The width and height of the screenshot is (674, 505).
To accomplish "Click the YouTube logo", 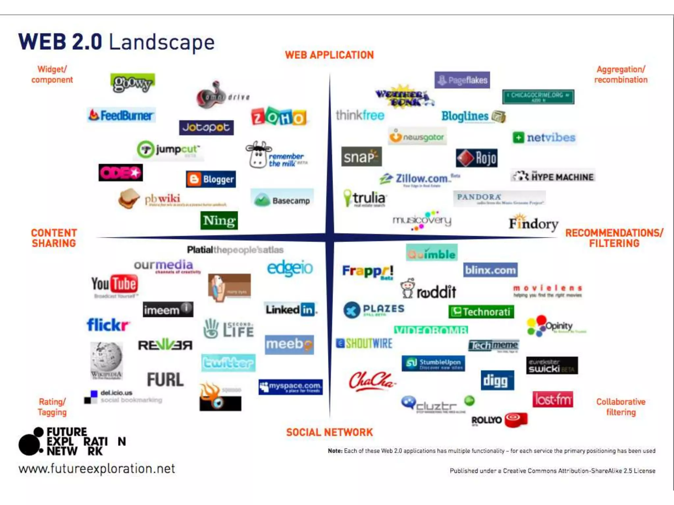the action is [115, 284].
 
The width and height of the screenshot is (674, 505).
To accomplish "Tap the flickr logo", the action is [108, 325].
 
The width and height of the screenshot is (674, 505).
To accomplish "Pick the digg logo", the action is [497, 380].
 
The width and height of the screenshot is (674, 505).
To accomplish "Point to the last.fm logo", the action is [553, 399].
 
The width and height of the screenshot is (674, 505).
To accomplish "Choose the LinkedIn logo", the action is [290, 309].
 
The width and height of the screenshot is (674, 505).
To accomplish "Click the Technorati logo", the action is [481, 312].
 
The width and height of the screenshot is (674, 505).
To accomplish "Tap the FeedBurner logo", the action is [121, 115].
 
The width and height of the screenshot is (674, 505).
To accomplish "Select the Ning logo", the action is [219, 220].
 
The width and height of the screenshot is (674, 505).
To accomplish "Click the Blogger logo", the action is [211, 179].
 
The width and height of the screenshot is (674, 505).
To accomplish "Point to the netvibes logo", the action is [544, 137].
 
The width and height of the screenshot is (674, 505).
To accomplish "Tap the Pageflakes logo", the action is [462, 80].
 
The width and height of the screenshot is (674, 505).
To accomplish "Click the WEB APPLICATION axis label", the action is [329, 55].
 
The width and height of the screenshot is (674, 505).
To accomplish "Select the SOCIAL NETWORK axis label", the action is [329, 432].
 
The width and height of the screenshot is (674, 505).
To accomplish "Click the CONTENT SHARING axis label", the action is [54, 238].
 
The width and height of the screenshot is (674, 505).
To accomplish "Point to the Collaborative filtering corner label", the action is [621, 407].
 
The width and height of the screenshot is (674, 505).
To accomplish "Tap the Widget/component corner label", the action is [52, 75].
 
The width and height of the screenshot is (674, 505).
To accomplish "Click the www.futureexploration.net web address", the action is [97, 469].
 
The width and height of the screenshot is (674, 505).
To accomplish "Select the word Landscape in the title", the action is [162, 42].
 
